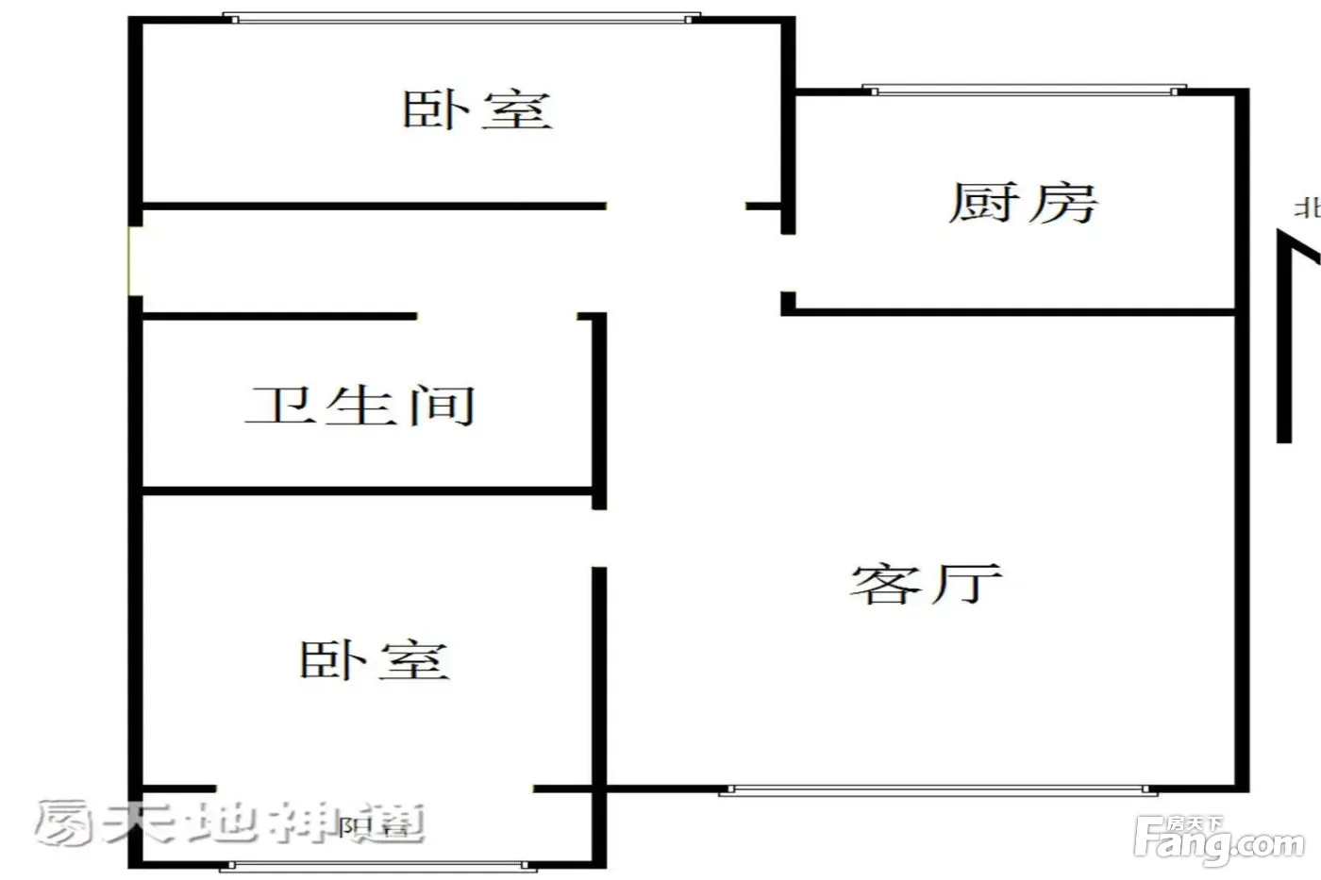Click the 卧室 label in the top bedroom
pyautogui.click(x=477, y=109)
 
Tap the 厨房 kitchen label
pyautogui.click(x=1023, y=203)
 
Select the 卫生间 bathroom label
pyautogui.click(x=360, y=406)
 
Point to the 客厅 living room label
pyautogui.click(x=926, y=584)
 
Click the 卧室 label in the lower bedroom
pyautogui.click(x=374, y=660)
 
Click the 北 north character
pyautogui.click(x=1307, y=208)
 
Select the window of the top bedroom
pyautogui.click(x=461, y=18)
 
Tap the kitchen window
pyautogui.click(x=1025, y=91)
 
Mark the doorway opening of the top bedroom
pyautogui.click(x=676, y=206)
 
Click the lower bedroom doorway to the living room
pyautogui.click(x=598, y=538)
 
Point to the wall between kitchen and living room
pyautogui.click(x=1010, y=311)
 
